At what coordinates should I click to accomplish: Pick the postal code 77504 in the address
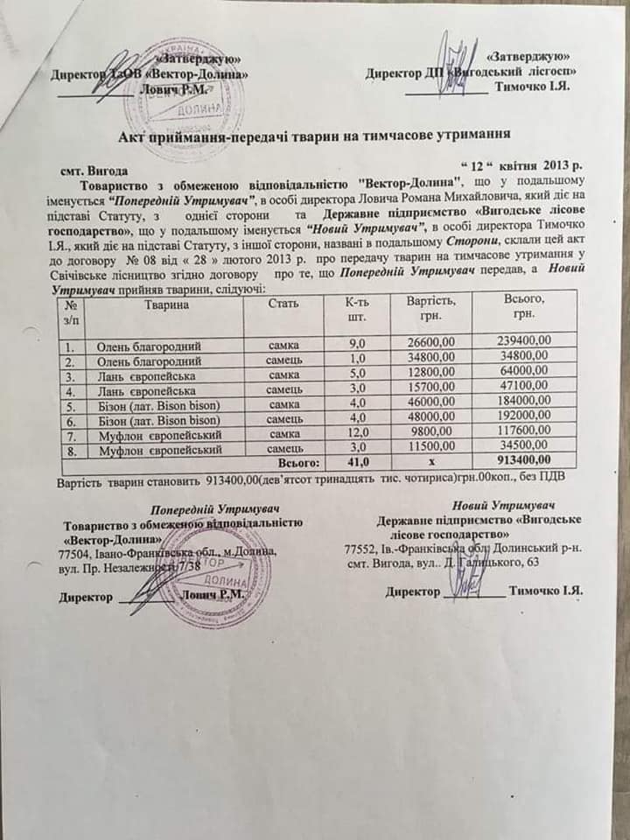click(73, 552)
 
